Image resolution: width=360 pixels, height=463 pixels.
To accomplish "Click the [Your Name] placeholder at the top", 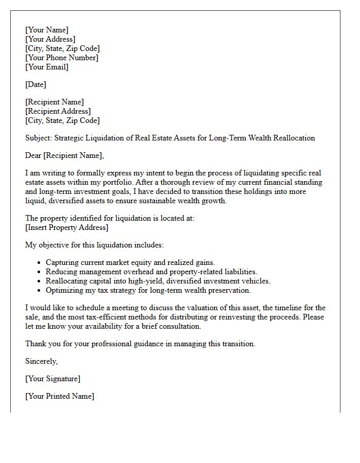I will (47, 30).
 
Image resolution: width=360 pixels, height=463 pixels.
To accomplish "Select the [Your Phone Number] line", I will (62, 58).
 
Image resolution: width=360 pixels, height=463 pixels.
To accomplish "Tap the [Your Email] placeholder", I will (47, 67).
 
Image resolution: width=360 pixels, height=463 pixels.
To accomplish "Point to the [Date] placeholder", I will (35, 84).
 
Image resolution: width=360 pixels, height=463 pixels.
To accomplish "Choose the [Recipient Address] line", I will (58, 111).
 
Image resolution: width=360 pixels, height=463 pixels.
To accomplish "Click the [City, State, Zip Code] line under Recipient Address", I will (62, 120).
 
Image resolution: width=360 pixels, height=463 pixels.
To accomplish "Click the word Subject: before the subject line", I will (39, 138).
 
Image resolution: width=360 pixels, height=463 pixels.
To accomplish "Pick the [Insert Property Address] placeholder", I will (67, 227).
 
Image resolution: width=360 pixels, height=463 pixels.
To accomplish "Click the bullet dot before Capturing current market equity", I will (39, 263).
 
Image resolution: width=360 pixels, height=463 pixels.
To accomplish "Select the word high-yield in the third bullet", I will (132, 281).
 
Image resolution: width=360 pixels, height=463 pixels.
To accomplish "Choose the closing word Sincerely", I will (41, 361).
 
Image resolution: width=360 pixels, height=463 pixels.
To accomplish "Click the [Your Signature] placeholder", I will (52, 379).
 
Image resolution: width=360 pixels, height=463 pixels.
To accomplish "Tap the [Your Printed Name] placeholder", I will (60, 396).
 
